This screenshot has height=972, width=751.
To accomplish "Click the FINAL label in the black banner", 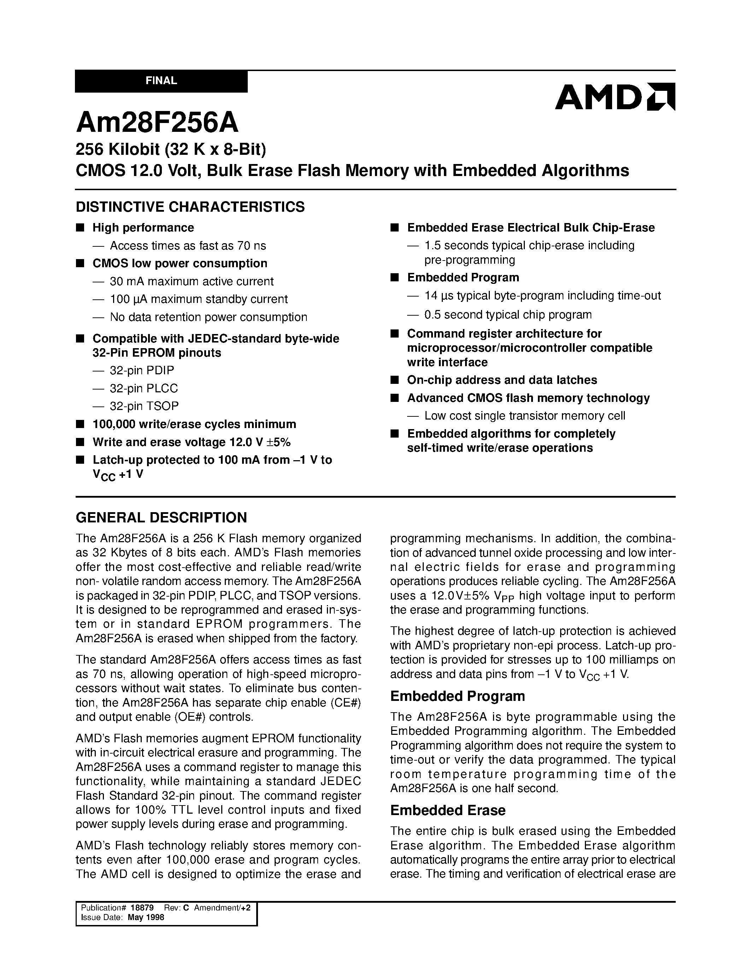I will coord(161,81).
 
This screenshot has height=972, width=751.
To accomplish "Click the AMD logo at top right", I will coord(615,96).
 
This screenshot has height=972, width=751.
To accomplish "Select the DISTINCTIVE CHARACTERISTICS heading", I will coord(190,207).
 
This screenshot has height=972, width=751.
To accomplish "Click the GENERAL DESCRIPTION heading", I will coord(161,517).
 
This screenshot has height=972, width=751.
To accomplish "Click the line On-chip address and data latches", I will coord(502,380).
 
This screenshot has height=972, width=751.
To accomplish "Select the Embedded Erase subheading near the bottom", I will coord(447,810).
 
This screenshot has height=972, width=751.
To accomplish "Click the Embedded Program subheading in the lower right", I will coord(457,696).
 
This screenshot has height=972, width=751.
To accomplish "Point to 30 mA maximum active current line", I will coord(191,282).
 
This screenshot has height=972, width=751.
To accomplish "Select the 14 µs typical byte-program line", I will coord(542,296).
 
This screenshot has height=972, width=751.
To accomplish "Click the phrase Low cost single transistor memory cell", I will coord(524,416).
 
